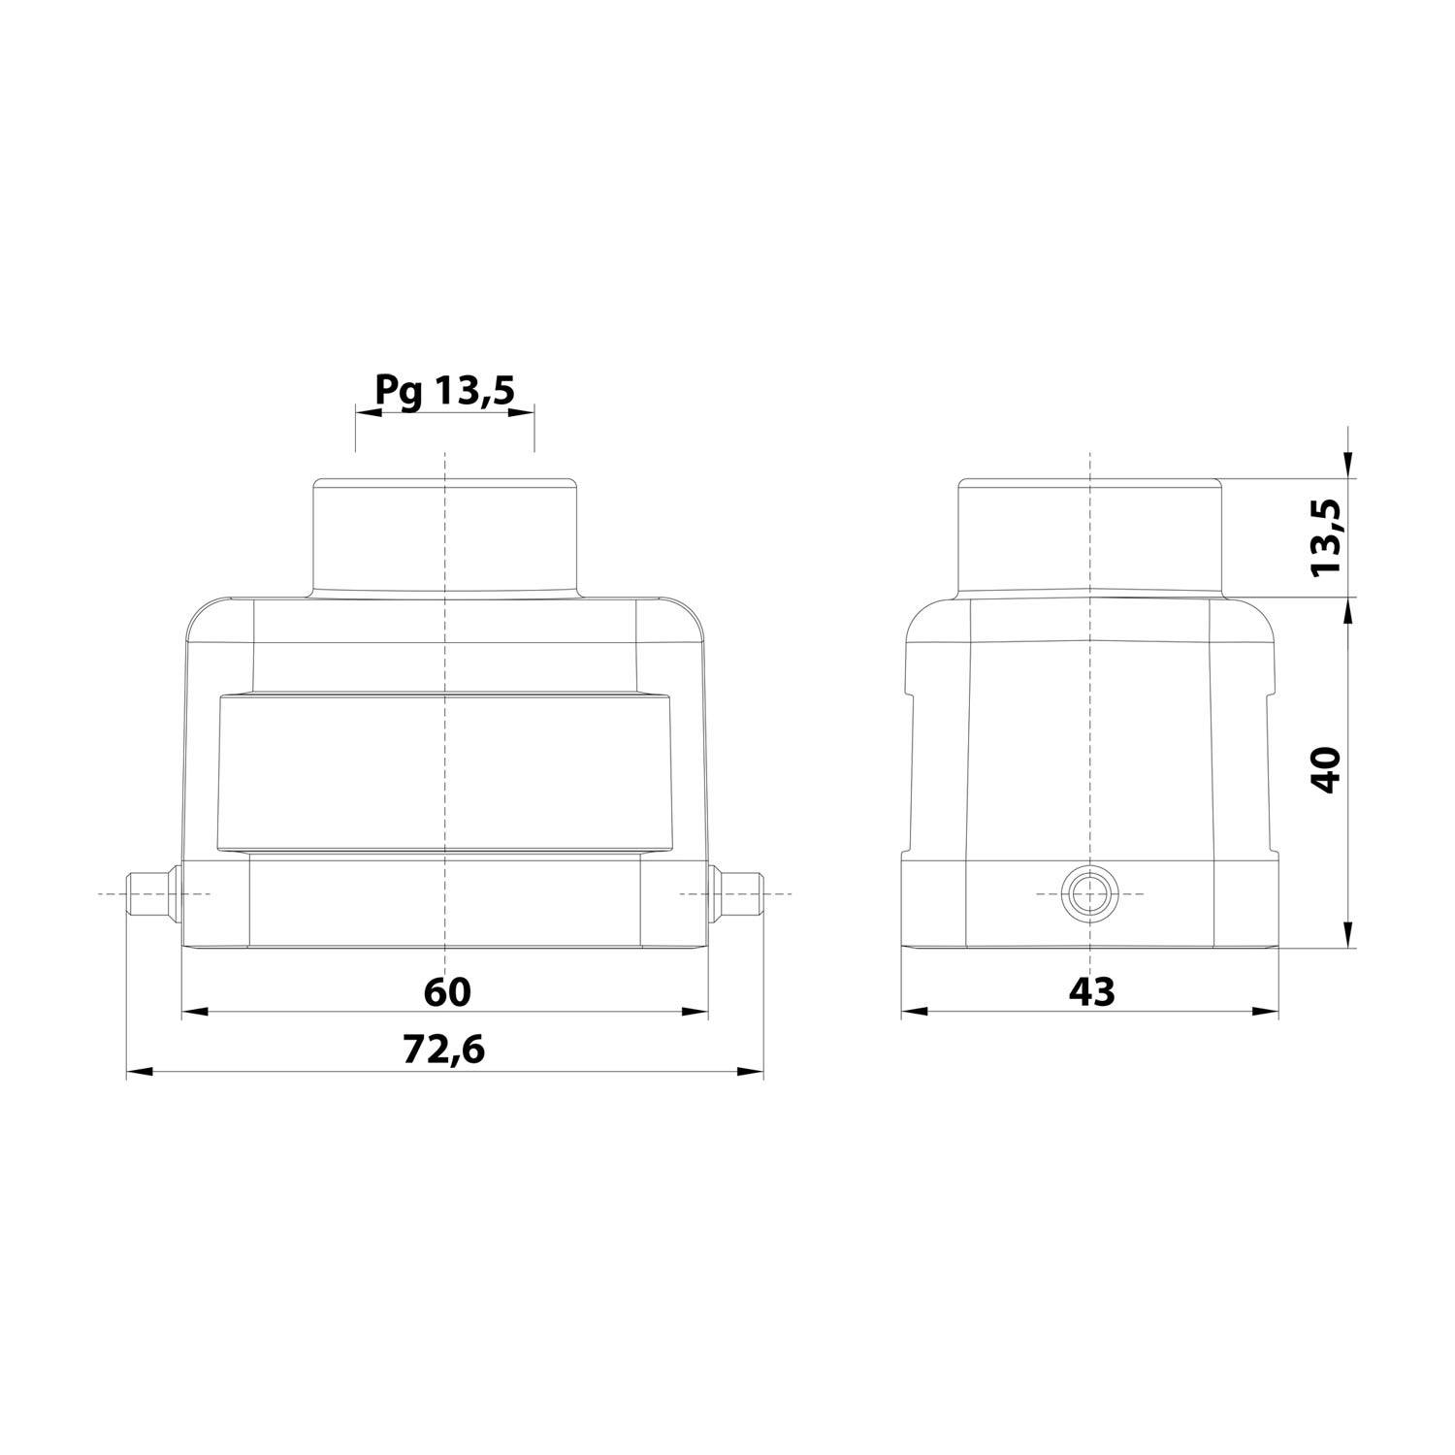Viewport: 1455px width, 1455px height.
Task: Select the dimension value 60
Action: pos(446,991)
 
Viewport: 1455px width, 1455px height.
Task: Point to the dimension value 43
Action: pos(1091,991)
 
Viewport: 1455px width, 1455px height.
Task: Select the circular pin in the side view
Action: pos(1090,892)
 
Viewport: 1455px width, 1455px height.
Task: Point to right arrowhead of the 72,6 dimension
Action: pos(751,1072)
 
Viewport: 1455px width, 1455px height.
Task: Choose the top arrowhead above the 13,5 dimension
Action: pos(1348,467)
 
